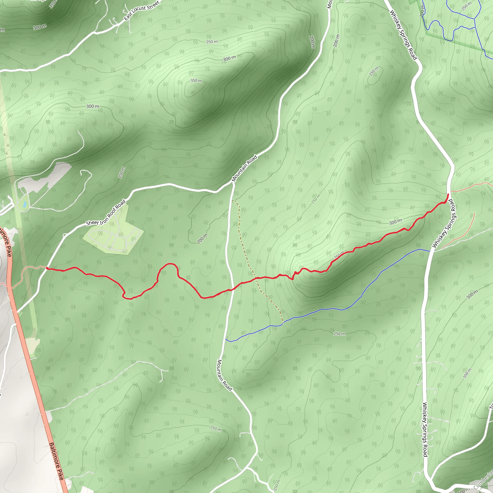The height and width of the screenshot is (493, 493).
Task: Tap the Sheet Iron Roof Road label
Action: click(106, 213)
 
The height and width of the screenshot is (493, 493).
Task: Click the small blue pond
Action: click(24, 204)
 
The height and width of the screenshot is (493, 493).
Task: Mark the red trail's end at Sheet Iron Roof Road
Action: click(47, 268)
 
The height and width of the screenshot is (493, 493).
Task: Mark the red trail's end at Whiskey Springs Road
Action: click(448, 195)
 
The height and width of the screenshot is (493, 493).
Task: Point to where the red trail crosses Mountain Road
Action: click(233, 289)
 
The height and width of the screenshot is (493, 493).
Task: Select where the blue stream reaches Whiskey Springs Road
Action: click(431, 251)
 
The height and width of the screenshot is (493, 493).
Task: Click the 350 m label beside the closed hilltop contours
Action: click(196, 81)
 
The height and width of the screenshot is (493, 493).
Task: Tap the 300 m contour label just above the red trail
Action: click(395, 222)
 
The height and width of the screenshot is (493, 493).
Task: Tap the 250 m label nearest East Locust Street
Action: click(212, 42)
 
